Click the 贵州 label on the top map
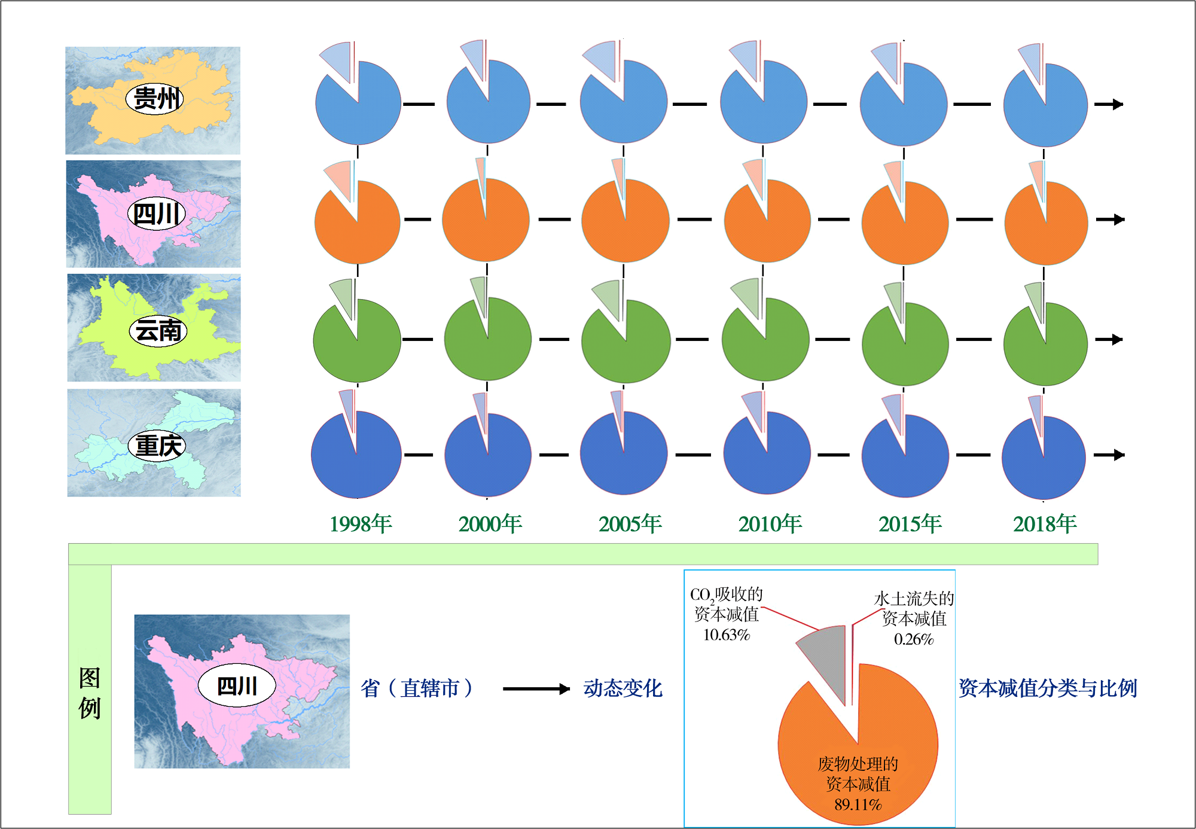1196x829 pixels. pyautogui.click(x=154, y=99)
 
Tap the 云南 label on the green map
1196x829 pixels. pyautogui.click(x=158, y=331)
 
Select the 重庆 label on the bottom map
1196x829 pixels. pyautogui.click(x=157, y=446)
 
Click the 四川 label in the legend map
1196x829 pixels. pyautogui.click(x=237, y=685)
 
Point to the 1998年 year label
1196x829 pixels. pyautogui.click(x=361, y=524)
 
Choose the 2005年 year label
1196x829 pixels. pyautogui.click(x=630, y=524)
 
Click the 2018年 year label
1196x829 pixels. pyautogui.click(x=1044, y=524)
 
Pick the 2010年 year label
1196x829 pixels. pyautogui.click(x=770, y=524)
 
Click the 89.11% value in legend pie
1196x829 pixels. pyautogui.click(x=858, y=804)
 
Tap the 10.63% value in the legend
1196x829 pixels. pyautogui.click(x=726, y=635)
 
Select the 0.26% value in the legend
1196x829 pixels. pyautogui.click(x=914, y=639)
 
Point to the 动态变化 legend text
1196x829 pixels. pyautogui.click(x=623, y=688)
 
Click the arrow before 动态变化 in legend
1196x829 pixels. pyautogui.click(x=536, y=689)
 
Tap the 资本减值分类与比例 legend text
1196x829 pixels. pyautogui.click(x=1048, y=688)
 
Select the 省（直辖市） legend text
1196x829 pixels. pyautogui.click(x=417, y=688)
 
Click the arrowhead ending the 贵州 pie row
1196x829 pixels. pyautogui.click(x=1116, y=104)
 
